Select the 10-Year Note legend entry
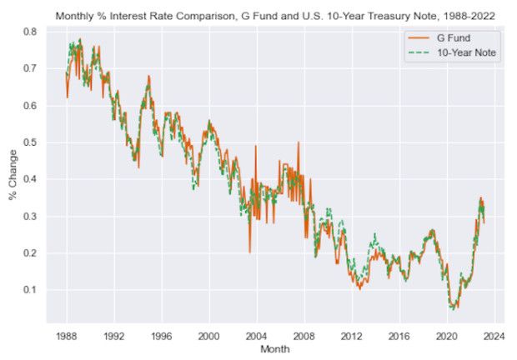pos(467,52)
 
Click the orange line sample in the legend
pos(418,39)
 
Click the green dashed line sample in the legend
pos(418,52)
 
